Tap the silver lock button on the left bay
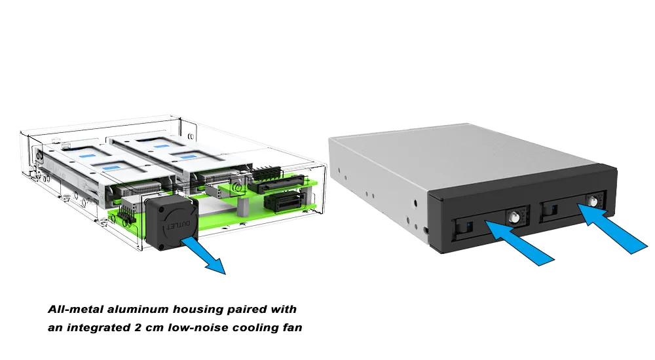(514, 216)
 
